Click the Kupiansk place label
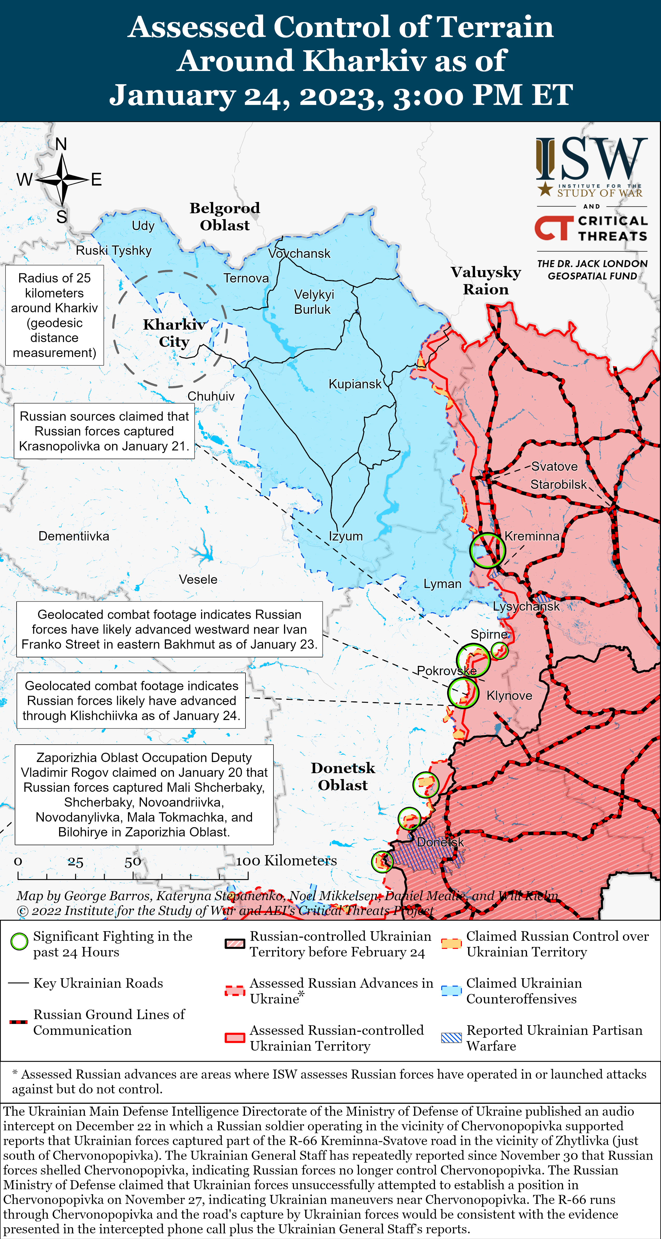(355, 384)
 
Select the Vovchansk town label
(299, 253)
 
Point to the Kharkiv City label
(174, 333)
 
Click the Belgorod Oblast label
(225, 216)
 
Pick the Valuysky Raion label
(486, 280)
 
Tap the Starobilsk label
(558, 484)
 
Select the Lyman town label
(442, 584)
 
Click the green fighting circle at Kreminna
(487, 550)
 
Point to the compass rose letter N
(61, 144)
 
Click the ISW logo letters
(592, 159)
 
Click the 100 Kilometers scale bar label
(286, 860)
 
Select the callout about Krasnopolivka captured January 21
(104, 431)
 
